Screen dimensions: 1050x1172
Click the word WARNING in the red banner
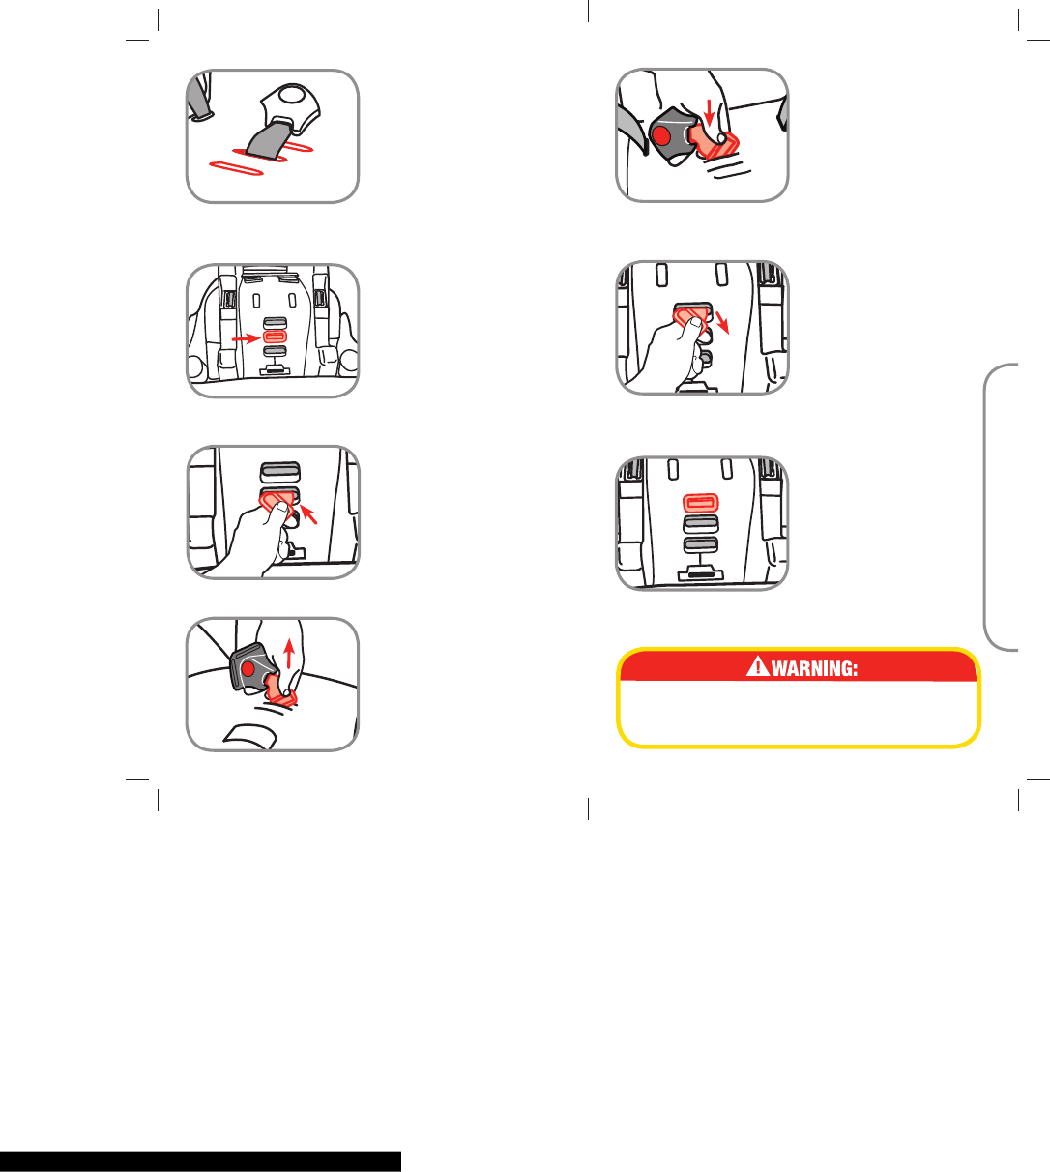[x=814, y=669]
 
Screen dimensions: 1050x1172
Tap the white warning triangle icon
[x=757, y=666]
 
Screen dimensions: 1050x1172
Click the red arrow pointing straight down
[x=710, y=112]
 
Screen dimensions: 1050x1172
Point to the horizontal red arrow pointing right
[x=246, y=337]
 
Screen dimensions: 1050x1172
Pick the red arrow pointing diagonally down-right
[x=722, y=322]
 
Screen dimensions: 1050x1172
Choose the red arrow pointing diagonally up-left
[x=308, y=514]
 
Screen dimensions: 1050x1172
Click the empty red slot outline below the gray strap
[x=236, y=168]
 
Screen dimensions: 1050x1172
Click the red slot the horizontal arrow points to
[x=275, y=337]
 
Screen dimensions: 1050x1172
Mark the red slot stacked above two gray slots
[x=701, y=503]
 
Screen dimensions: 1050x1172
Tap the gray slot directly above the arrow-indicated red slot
[x=275, y=322]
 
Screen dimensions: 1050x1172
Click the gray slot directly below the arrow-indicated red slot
[x=275, y=351]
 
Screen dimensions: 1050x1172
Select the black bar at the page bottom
[x=200, y=1161]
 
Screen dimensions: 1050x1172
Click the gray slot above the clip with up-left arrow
[x=280, y=472]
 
